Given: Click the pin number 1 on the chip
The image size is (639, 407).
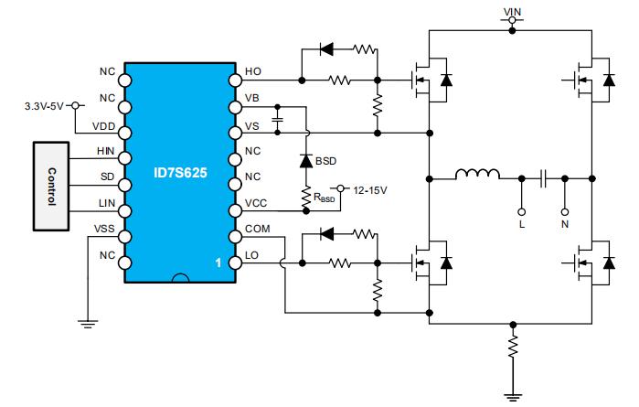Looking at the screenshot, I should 218,263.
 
